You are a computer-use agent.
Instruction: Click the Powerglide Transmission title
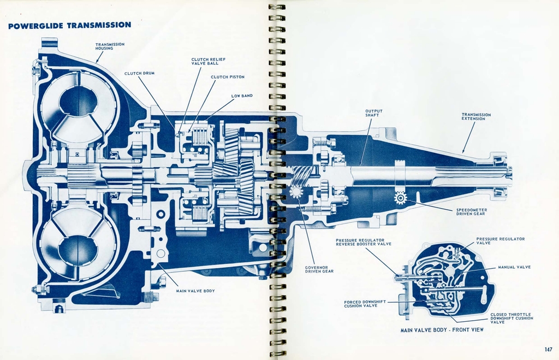coord(69,25)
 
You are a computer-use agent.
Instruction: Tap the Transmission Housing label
coord(110,46)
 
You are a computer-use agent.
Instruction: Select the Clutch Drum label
coord(139,73)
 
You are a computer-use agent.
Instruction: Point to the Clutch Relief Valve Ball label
coord(209,61)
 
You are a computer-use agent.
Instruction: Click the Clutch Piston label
coord(228,77)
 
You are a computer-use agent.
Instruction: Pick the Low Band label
coord(242,96)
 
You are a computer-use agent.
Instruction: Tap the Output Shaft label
coord(374,113)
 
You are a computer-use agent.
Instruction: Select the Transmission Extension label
coord(476,117)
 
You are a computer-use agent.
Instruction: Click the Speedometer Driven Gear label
coord(472,211)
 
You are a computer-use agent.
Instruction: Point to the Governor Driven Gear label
coord(319,269)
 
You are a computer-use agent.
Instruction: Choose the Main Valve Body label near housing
coord(195,291)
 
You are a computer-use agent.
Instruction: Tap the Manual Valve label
coord(514,267)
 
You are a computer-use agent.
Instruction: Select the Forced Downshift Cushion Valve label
coord(365,304)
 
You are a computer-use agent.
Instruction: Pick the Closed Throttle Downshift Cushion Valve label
coord(512,318)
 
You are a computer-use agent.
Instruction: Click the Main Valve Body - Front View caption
coord(442,330)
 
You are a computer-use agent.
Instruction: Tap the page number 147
coord(548,350)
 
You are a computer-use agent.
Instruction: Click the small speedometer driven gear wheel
coord(401,198)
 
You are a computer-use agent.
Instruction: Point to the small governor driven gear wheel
coord(296,192)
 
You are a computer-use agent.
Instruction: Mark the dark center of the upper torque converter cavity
coord(78,101)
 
